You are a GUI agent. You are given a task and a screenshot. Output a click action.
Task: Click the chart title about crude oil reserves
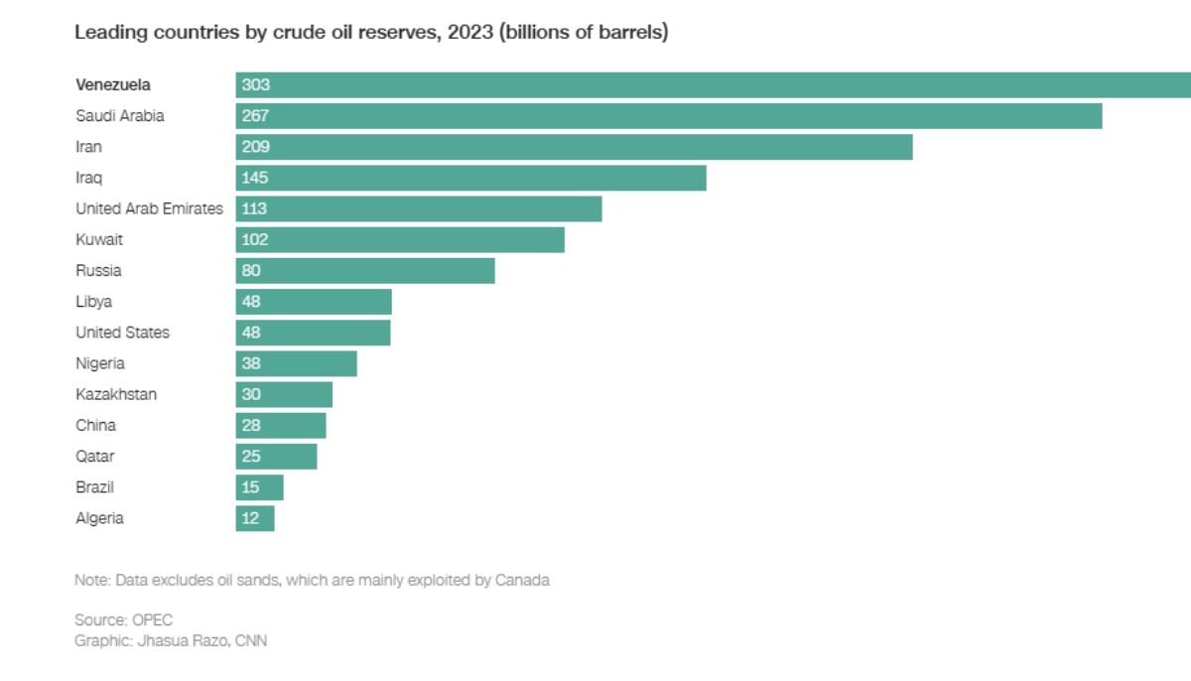coord(371,33)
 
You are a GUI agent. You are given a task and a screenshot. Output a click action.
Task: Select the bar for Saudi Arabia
coord(668,116)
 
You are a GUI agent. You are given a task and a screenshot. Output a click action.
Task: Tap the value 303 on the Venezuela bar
coord(255,85)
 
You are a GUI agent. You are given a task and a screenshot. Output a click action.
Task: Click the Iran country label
coord(88,147)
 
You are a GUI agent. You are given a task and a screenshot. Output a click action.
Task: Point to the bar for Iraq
coord(470,178)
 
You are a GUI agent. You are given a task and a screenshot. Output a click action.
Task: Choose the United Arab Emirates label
coord(149,208)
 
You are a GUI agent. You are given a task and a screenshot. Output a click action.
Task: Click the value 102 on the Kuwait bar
coord(255,239)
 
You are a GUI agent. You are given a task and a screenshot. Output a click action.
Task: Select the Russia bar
coord(364,270)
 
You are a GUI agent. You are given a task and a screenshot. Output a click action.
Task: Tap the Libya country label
coord(93,302)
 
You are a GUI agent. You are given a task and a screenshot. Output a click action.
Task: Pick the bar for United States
coord(313,333)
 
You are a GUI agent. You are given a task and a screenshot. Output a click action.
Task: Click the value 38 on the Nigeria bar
coord(251,363)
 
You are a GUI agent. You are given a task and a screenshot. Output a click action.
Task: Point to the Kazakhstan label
coord(116,394)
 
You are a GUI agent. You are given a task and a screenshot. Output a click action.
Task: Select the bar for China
coord(281,425)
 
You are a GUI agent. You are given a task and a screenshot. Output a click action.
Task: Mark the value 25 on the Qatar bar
coord(251,456)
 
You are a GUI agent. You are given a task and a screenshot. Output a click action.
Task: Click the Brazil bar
coord(259,487)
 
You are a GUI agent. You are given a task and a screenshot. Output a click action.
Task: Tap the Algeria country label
coord(99,518)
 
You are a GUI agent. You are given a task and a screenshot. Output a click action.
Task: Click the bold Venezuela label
coord(113,85)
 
